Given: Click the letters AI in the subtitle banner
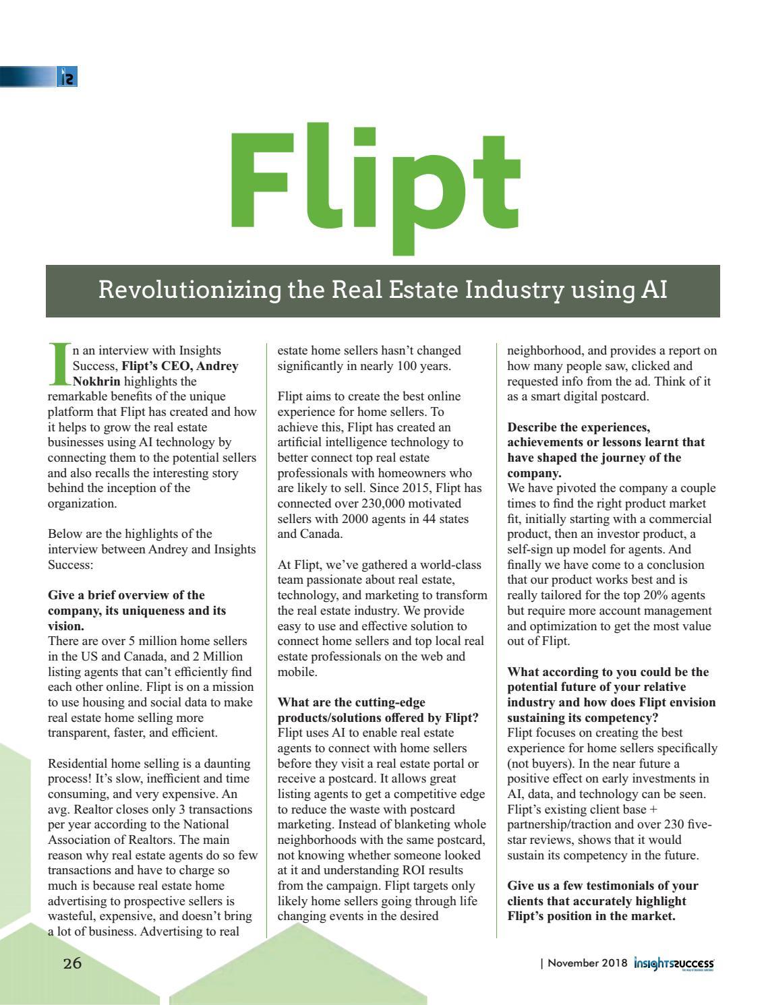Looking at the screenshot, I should click(x=652, y=290).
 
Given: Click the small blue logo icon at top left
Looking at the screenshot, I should click(x=67, y=77).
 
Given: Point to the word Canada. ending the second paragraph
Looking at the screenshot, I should click(x=322, y=535).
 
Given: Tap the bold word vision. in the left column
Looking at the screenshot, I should click(x=66, y=626).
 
